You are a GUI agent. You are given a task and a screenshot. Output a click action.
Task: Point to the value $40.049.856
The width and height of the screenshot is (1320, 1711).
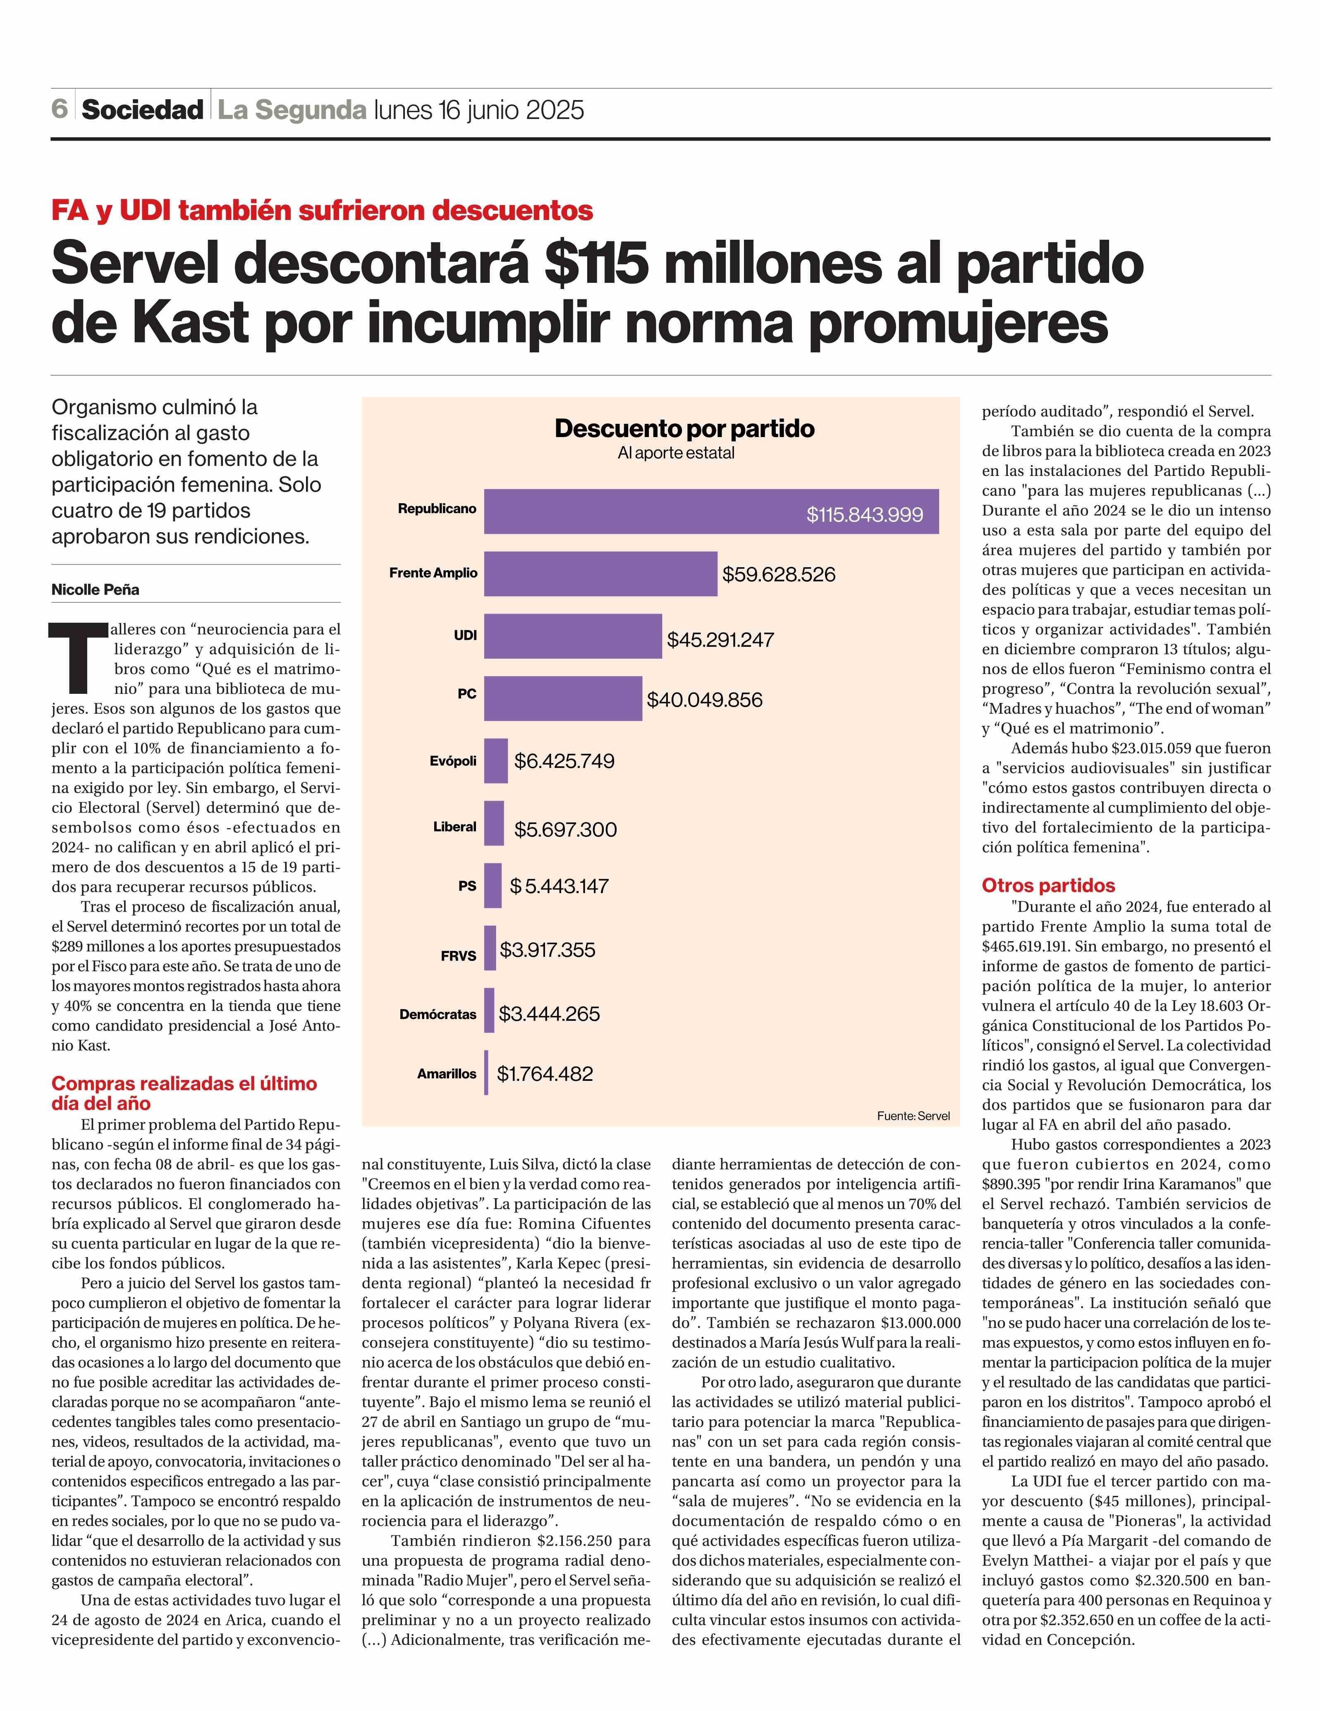[x=704, y=700]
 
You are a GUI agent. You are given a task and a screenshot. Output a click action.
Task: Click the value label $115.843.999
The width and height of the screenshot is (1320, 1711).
[x=865, y=515]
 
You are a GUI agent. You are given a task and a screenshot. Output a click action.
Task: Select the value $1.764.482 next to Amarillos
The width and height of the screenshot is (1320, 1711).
[x=545, y=1073]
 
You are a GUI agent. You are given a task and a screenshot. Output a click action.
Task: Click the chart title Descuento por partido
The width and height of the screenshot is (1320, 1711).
[x=684, y=428]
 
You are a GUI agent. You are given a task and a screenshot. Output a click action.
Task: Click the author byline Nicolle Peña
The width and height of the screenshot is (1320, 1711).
[x=96, y=589]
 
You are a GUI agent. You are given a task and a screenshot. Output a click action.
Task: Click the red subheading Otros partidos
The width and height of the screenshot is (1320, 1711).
[x=1048, y=885]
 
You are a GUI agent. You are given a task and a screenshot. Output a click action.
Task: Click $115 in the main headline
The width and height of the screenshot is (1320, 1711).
[x=597, y=265]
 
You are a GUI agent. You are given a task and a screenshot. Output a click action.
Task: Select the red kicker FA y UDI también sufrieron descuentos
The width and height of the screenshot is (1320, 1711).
[x=322, y=210]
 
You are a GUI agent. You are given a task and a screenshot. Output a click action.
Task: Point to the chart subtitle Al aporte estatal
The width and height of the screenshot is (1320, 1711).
[x=676, y=453]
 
